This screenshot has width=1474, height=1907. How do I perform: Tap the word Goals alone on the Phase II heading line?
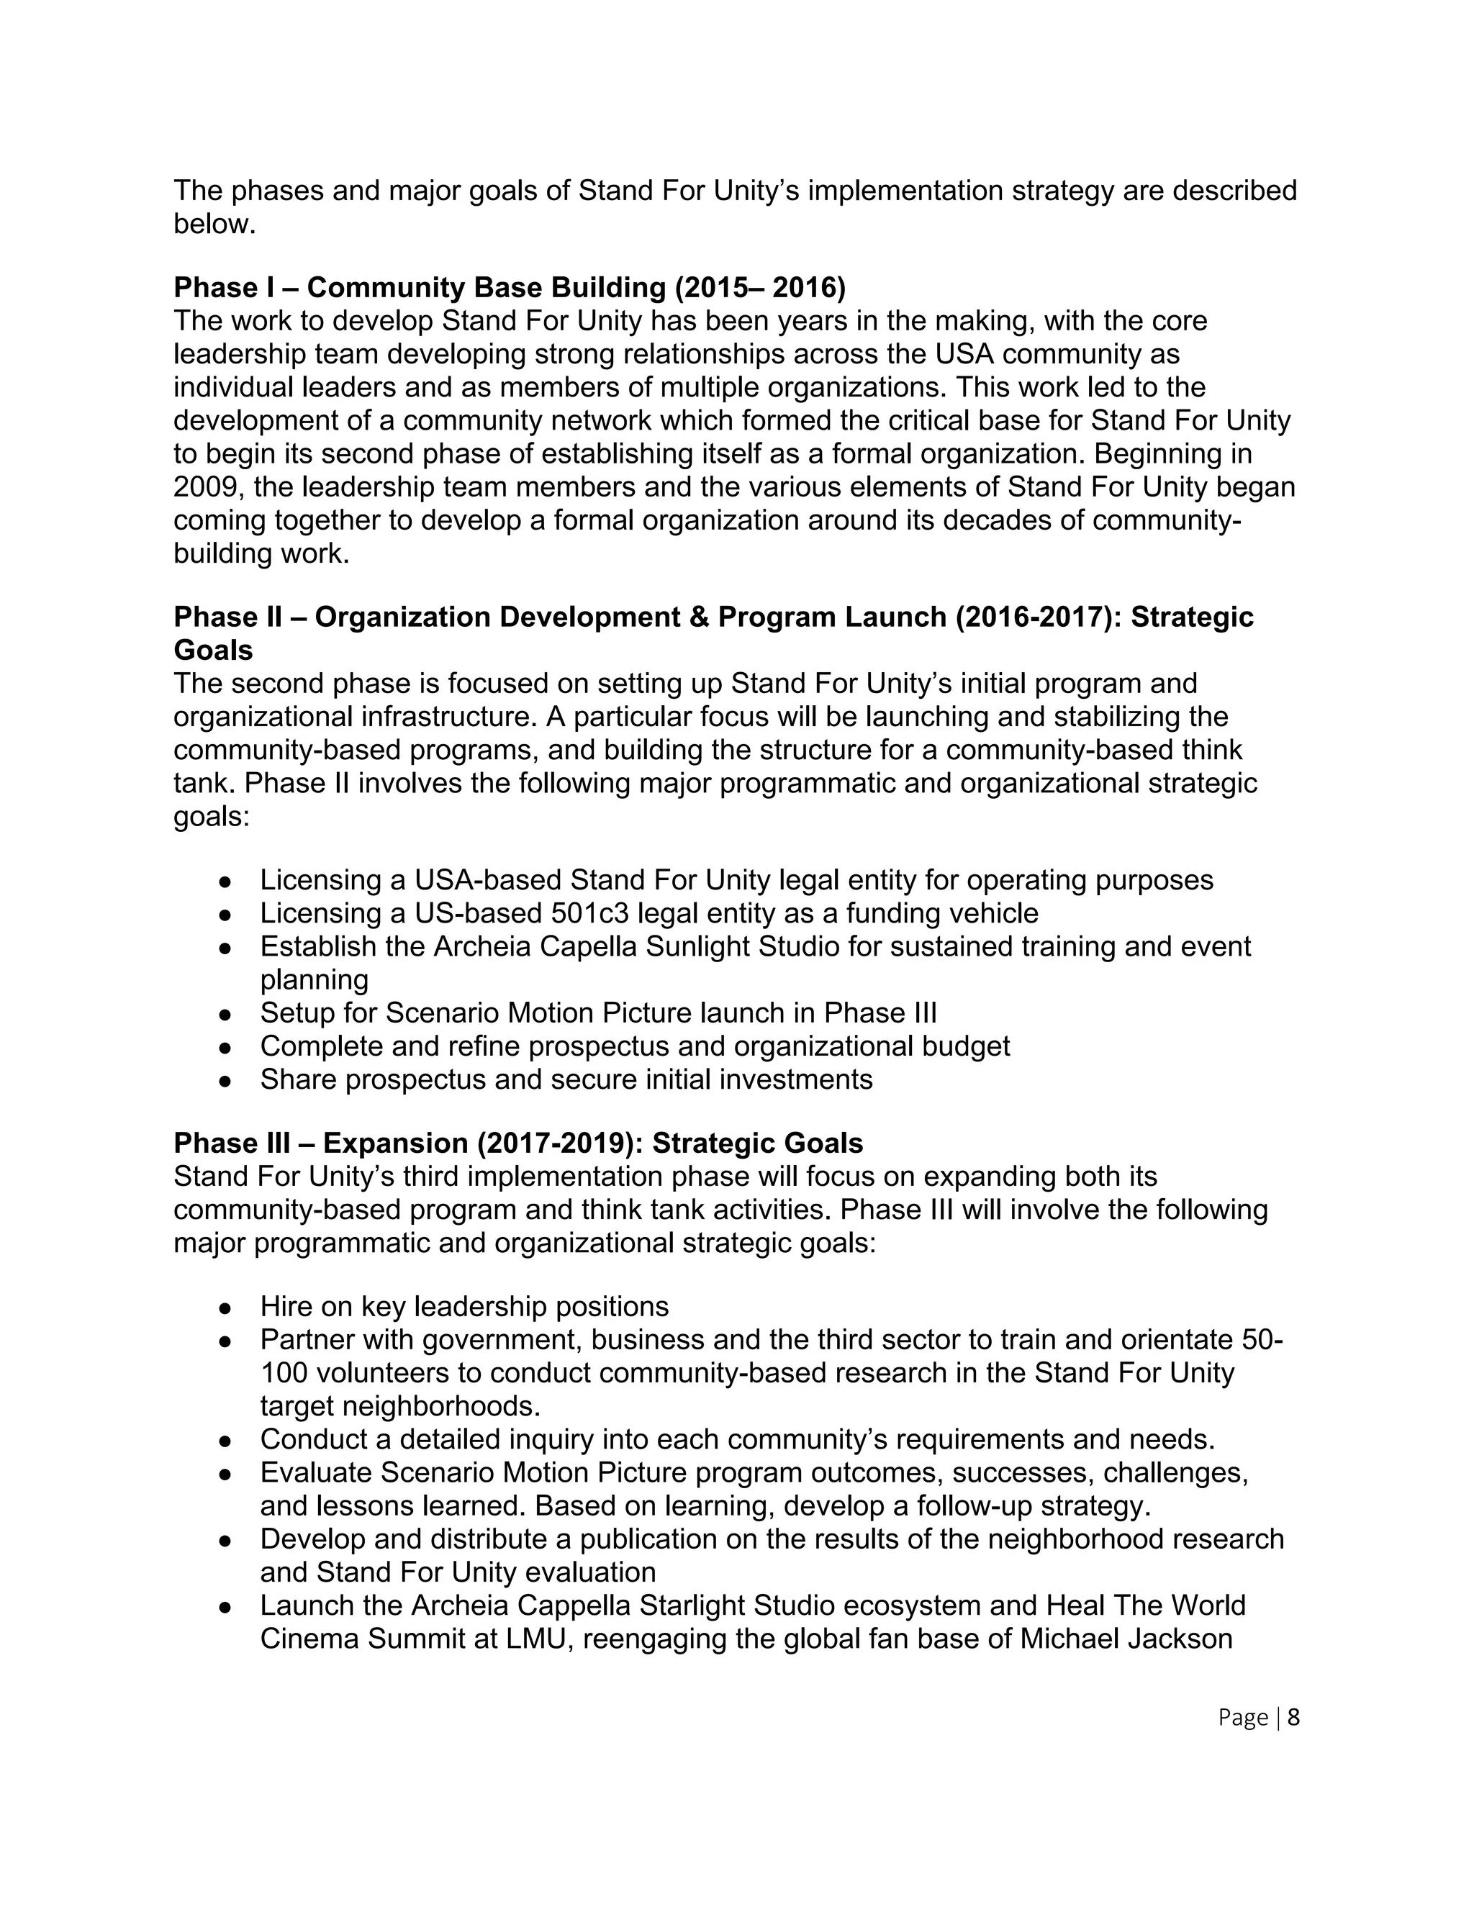point(213,651)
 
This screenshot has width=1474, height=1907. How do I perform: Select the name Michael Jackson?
point(1126,1638)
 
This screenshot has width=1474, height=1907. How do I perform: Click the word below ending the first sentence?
point(214,225)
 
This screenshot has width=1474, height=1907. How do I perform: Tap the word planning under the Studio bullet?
point(314,979)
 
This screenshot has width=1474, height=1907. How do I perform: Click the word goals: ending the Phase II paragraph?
point(212,817)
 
